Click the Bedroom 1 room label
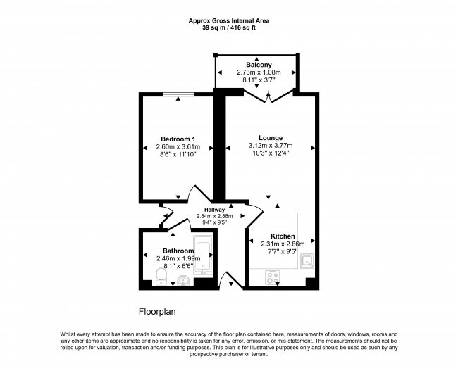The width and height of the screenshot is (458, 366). [x=178, y=139]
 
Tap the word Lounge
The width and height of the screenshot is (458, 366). [x=271, y=138]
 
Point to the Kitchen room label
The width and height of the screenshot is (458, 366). [x=283, y=236]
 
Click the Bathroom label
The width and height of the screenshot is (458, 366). [x=178, y=251]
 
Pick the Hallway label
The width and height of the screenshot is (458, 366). [x=214, y=210]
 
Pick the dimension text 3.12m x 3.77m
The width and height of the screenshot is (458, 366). [x=271, y=146]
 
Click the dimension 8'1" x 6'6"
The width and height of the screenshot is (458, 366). [x=178, y=267]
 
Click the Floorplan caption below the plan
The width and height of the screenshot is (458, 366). [x=156, y=310]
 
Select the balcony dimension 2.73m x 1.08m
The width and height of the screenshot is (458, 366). [x=259, y=73]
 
